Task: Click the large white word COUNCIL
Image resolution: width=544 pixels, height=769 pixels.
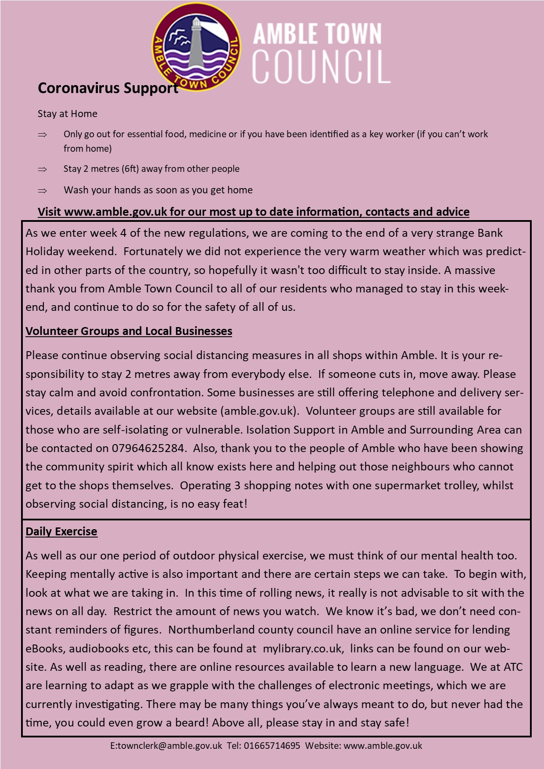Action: [321, 67]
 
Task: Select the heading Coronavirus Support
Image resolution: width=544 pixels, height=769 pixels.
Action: [108, 88]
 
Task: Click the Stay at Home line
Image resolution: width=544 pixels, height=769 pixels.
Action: [68, 114]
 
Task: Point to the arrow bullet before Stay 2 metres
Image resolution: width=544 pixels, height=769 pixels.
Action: [43, 169]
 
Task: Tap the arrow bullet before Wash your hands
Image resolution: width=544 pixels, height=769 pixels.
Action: [43, 191]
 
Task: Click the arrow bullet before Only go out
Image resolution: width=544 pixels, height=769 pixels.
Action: [43, 135]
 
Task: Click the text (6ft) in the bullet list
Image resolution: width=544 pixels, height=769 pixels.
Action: [131, 169]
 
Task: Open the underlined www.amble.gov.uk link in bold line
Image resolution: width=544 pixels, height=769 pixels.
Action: [115, 212]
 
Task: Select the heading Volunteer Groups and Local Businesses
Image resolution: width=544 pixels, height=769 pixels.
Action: [129, 331]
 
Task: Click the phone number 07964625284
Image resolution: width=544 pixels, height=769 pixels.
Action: [148, 449]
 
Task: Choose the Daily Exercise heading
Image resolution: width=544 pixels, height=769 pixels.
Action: [61, 531]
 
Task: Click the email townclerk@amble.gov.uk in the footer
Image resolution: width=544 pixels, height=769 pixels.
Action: [170, 746]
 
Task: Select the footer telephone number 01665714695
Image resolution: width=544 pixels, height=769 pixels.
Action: [272, 746]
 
